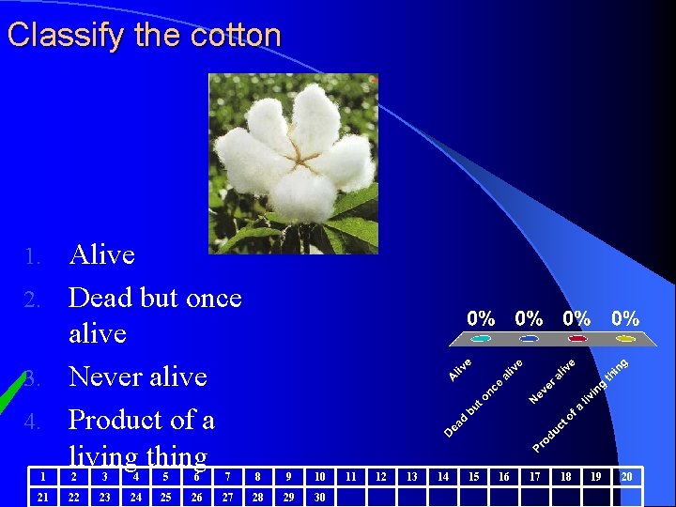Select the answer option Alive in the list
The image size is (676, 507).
(x=101, y=255)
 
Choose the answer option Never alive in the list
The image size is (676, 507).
(x=137, y=376)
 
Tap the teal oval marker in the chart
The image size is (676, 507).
(x=482, y=339)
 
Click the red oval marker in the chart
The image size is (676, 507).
(x=576, y=339)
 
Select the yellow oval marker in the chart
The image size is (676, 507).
(x=624, y=339)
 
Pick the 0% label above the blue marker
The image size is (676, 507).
(x=530, y=318)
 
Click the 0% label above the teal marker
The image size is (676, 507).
(x=482, y=318)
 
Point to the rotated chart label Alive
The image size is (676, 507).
(x=460, y=370)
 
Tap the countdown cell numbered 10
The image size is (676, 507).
(x=319, y=477)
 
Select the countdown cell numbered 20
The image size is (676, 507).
(x=626, y=477)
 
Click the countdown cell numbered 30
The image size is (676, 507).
(x=319, y=497)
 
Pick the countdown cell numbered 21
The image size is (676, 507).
(x=42, y=497)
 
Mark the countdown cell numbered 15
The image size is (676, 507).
(x=473, y=477)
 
